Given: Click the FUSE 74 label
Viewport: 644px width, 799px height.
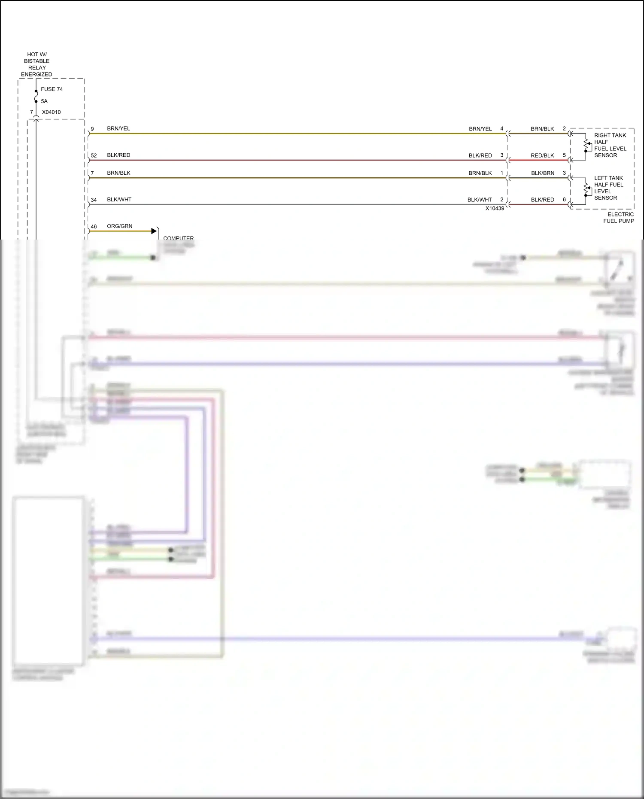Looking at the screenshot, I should (52, 89).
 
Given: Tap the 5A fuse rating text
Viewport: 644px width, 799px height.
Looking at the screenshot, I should (44, 101).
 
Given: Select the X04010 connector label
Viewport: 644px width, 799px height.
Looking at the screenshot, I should (51, 112).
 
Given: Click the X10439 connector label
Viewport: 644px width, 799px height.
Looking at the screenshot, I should (495, 208).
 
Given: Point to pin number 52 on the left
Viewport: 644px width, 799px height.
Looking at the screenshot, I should (94, 155).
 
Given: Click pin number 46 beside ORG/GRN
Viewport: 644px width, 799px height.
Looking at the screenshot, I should (94, 226).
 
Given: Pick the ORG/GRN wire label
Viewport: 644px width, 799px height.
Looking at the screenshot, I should (119, 226).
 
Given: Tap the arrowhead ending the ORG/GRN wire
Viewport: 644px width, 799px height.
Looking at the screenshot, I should (154, 231).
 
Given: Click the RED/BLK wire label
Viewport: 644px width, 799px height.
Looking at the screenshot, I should (542, 155).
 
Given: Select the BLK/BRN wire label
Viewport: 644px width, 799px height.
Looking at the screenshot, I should (543, 173).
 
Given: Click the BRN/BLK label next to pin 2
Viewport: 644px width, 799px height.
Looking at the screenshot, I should (542, 129).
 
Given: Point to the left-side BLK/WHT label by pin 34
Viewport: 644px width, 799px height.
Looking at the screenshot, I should (119, 200).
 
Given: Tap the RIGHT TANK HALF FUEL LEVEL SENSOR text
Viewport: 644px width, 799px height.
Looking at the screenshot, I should (610, 145).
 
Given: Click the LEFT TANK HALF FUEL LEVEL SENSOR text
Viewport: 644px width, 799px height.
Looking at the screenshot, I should (608, 188).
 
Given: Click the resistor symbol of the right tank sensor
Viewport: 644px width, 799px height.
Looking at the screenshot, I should (586, 144).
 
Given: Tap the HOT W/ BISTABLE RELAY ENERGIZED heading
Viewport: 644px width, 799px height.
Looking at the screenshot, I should (36, 64).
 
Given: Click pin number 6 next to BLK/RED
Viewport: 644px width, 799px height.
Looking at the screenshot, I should (564, 200).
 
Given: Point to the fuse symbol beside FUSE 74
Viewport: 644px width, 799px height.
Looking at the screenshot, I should (36, 96).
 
